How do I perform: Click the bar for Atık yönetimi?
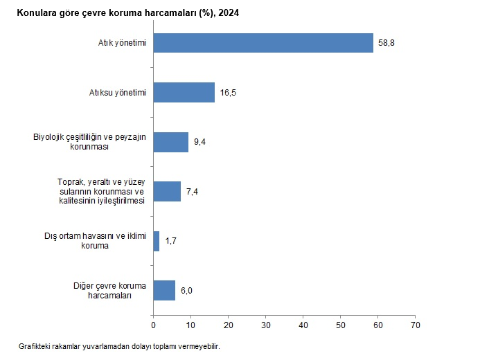tap(263, 43)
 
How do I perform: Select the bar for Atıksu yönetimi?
tap(184, 92)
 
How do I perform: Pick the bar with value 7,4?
tap(167, 191)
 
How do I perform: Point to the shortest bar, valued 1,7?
tap(157, 241)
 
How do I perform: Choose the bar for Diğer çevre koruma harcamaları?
tap(164, 290)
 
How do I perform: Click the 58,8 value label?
tap(386, 43)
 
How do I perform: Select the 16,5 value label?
tap(228, 92)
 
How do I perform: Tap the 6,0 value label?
tap(186, 291)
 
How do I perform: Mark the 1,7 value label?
tap(171, 241)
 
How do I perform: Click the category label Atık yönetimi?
tap(121, 44)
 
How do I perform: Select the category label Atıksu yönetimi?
tap(117, 93)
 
